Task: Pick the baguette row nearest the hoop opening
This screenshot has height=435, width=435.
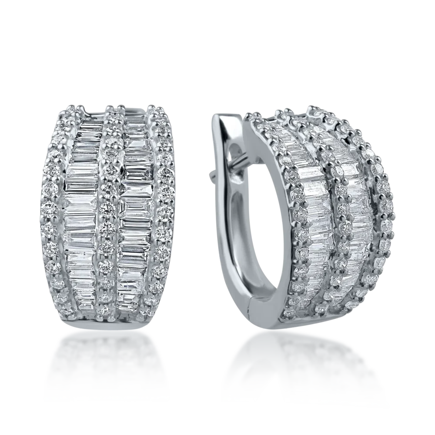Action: [313, 217]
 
